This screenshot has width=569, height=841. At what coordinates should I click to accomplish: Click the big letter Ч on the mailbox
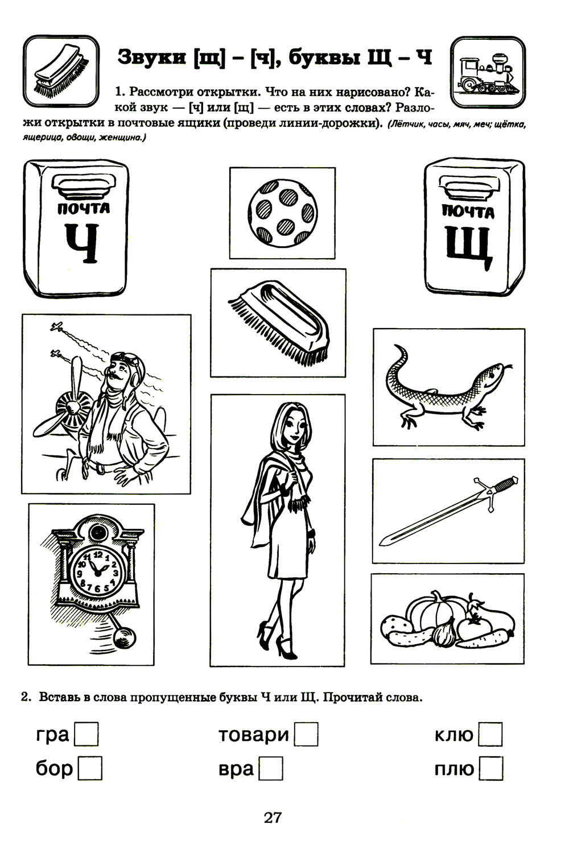pos(83,243)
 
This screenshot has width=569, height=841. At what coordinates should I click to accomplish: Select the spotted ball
pos(282,213)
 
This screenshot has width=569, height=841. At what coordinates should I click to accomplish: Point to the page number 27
pos(273,817)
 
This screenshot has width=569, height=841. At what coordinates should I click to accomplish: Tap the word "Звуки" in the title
pos(152,57)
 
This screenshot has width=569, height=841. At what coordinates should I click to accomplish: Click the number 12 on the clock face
pos(98,554)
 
